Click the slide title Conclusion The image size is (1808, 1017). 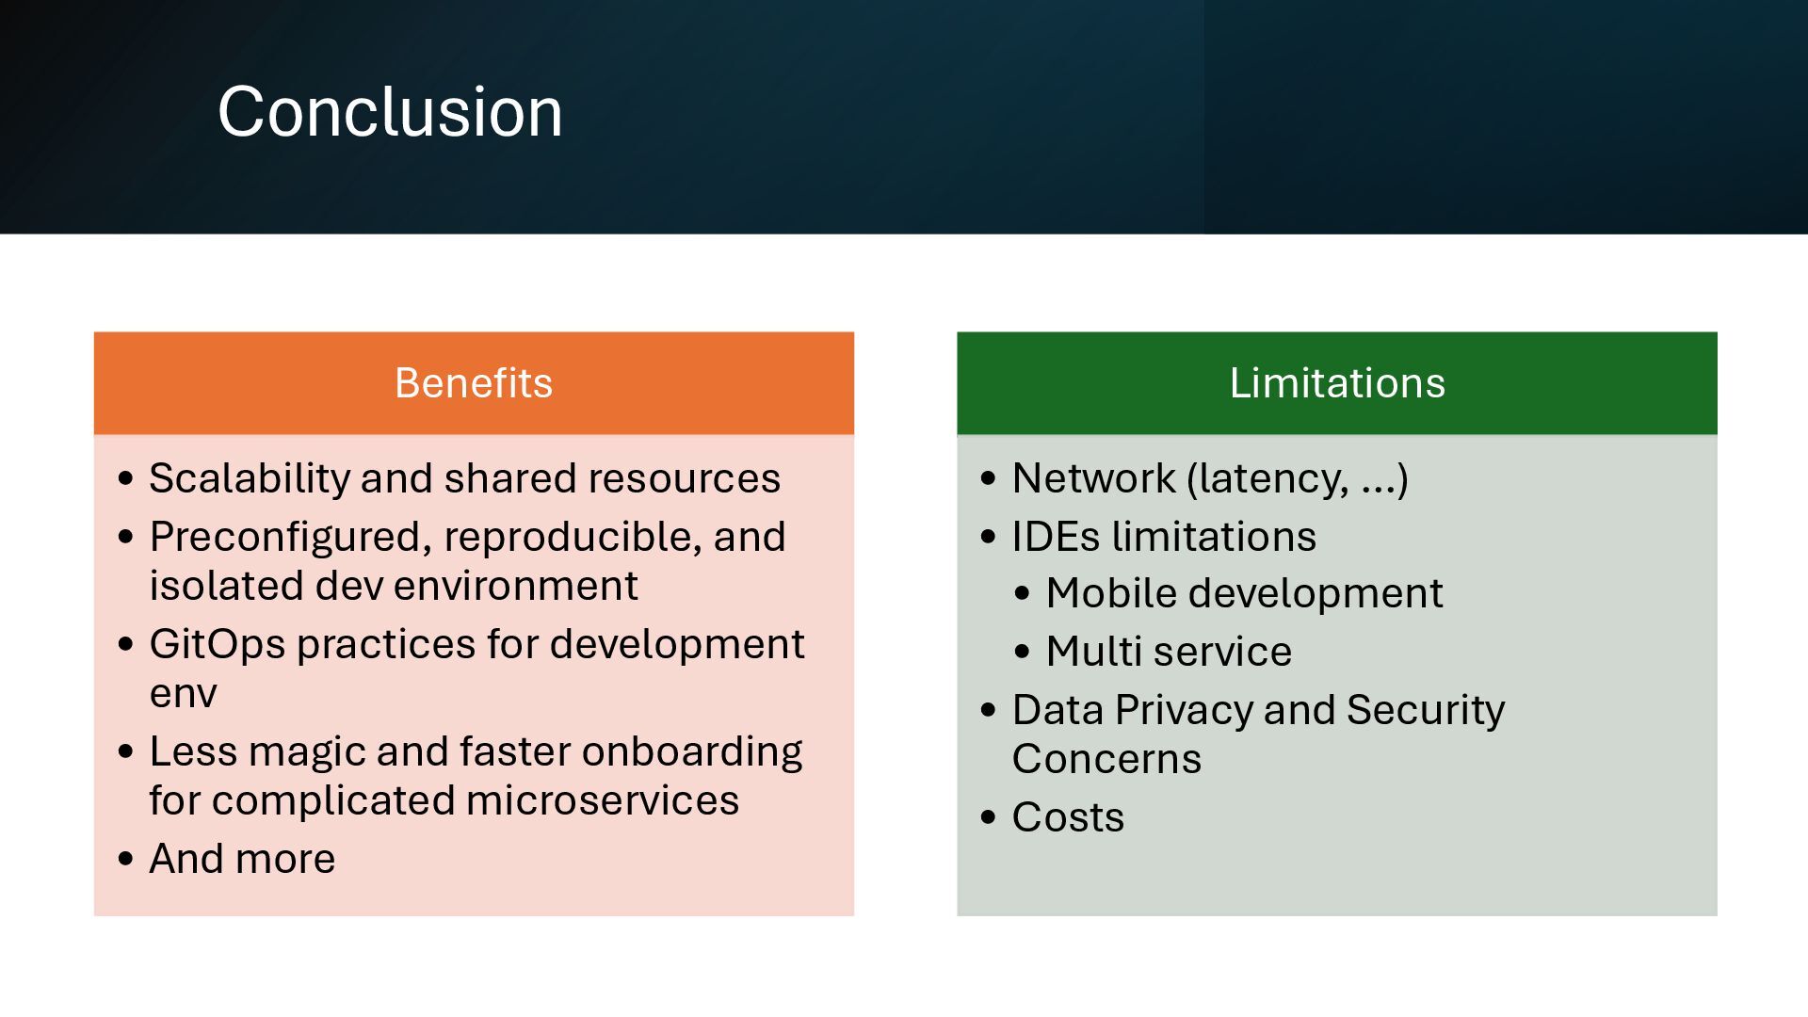390,112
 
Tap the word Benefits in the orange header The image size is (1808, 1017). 474,383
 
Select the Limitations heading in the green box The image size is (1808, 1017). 1336,383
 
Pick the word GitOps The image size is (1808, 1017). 218,645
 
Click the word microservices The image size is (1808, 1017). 602,801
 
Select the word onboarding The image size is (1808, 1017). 692,752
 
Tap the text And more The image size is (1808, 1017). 242,859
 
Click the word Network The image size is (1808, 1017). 1093,479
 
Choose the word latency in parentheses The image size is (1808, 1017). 1267,479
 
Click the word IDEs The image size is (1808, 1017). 1056,538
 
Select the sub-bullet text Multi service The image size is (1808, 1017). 1169,652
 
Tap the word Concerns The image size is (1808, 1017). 1106,759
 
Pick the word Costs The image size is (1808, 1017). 1068,817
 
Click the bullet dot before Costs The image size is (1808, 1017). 988,816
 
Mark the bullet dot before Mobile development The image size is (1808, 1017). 1023,594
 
